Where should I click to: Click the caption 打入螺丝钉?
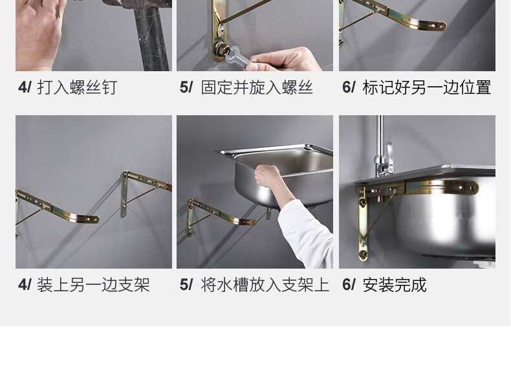pyautogui.click(x=77, y=87)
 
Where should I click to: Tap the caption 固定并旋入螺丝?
pyautogui.click(x=257, y=87)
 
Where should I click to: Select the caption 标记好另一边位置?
pyautogui.click(x=427, y=87)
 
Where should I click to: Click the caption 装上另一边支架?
pyautogui.click(x=93, y=285)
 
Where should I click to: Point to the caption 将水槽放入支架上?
pyautogui.click(x=265, y=285)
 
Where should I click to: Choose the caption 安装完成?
pyautogui.click(x=395, y=285)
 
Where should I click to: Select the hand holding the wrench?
pyautogui.click(x=283, y=60)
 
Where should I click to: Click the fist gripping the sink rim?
pyautogui.click(x=268, y=176)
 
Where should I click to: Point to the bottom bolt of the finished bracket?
pyautogui.click(x=364, y=254)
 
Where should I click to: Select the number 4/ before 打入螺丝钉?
pyautogui.click(x=25, y=87)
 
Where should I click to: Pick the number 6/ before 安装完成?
pyautogui.click(x=349, y=285)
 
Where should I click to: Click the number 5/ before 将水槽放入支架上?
pyautogui.click(x=186, y=285)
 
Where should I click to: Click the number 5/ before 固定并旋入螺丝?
pyautogui.click(x=186, y=87)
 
